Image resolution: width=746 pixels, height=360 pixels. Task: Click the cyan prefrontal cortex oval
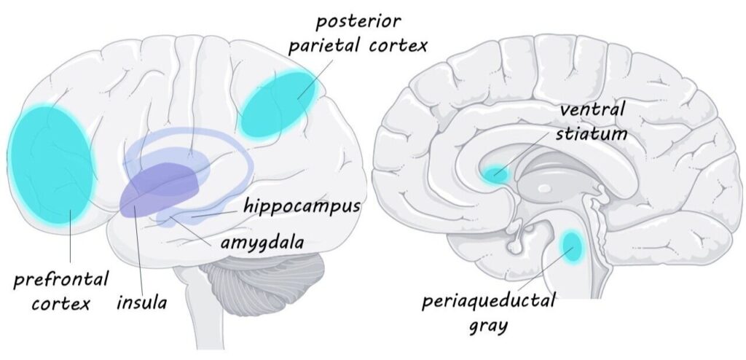[50, 164]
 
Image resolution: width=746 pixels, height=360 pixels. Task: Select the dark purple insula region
[159, 190]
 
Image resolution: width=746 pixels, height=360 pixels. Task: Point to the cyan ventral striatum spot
[495, 174]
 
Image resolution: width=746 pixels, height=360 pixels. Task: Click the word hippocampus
[302, 207]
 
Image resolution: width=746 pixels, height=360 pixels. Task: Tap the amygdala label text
[262, 243]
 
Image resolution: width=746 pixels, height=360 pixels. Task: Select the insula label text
[142, 302]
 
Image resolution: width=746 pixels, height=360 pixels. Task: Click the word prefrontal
[60, 280]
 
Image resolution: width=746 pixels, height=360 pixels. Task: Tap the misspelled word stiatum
[591, 134]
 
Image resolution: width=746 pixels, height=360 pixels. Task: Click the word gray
[488, 326]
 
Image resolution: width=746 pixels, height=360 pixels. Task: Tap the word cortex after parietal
[398, 46]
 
